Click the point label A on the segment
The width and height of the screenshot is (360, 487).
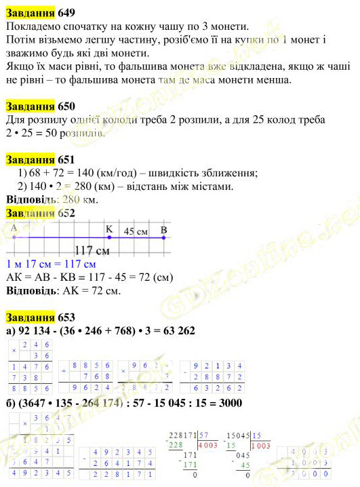pos(14,229)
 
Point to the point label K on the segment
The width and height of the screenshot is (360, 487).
pos(108,229)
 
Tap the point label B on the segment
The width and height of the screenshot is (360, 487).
pos(163,229)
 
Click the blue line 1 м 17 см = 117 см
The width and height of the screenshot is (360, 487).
pos(51,265)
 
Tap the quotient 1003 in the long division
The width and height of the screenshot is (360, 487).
pos(261,446)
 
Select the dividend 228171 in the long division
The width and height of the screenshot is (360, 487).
pos(182,435)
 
